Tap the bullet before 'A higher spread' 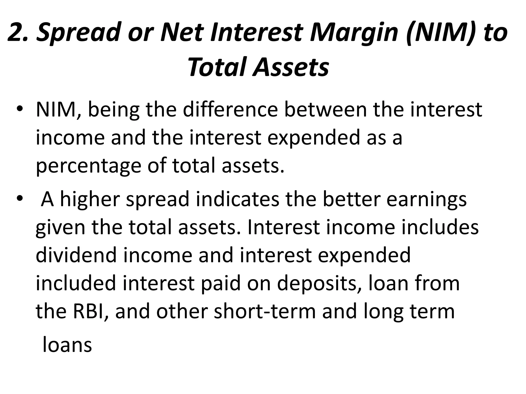(x=20, y=199)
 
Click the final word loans (x=67, y=345)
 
